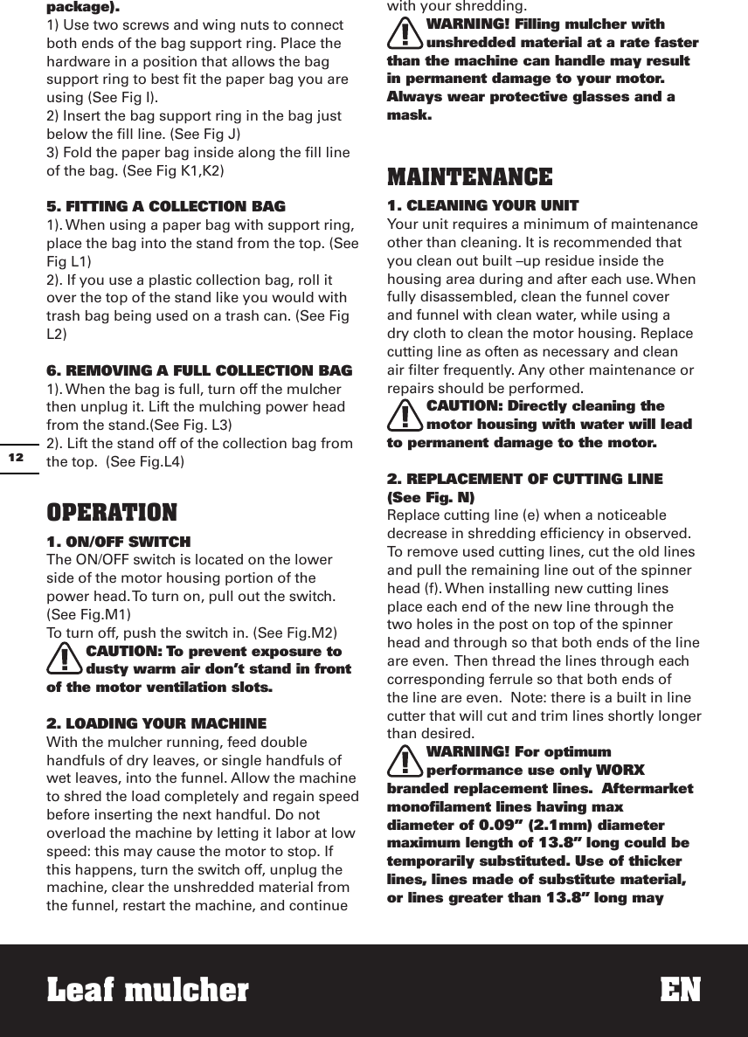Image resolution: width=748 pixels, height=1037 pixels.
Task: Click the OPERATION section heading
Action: click(x=112, y=512)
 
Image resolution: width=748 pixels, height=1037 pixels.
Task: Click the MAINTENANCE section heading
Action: click(x=469, y=177)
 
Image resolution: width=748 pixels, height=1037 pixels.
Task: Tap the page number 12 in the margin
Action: click(x=16, y=457)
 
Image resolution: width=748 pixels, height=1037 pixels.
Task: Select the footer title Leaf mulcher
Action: click(x=148, y=991)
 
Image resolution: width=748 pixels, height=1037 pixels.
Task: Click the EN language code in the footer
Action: click(x=680, y=991)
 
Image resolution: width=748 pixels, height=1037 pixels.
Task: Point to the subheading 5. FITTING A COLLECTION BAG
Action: click(x=165, y=207)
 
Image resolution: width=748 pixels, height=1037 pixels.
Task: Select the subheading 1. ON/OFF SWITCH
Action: click(x=118, y=542)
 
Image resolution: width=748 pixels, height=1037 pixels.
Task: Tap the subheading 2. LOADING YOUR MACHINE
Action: click(x=156, y=723)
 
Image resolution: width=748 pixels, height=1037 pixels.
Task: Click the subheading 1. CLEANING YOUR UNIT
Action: click(x=482, y=206)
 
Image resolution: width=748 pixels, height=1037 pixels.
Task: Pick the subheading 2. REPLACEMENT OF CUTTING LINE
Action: click(x=524, y=479)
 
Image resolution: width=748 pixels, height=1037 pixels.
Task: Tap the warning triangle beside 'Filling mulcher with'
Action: click(x=405, y=33)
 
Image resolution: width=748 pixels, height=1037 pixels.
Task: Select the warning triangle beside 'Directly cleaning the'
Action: click(x=405, y=415)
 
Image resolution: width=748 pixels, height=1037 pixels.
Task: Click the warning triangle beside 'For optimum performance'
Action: click(x=405, y=760)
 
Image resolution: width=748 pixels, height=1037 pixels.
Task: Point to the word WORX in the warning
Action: click(x=620, y=771)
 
